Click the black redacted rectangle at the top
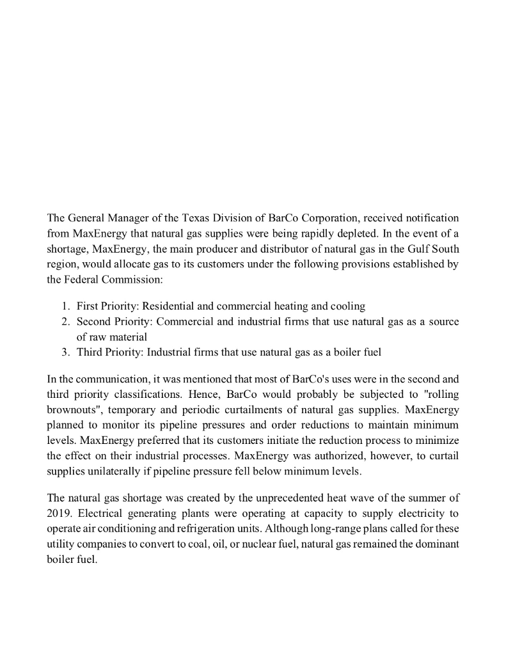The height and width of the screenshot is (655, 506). [255, 107]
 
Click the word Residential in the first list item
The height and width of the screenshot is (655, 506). [168, 306]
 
